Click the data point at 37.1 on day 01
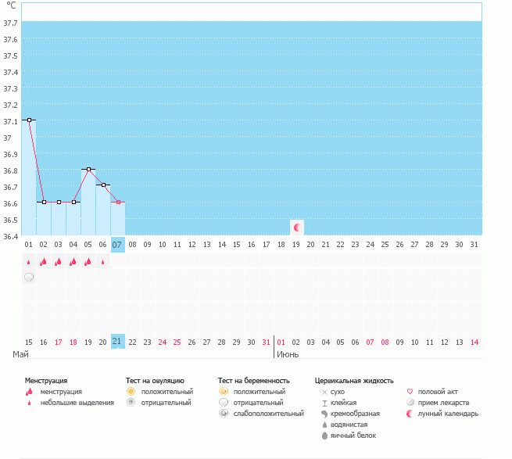[x=30, y=120]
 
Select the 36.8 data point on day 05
[x=88, y=169]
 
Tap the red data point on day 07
[x=118, y=203]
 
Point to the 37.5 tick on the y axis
[x=10, y=56]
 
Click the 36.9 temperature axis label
[x=10, y=155]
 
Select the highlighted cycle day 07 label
[x=117, y=245]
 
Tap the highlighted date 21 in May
[x=117, y=342]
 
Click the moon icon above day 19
[x=297, y=228]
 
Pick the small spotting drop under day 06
[x=103, y=262]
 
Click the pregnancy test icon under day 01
[x=29, y=278]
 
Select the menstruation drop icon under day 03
[x=58, y=262]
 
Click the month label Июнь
[x=288, y=354]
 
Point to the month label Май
[x=20, y=354]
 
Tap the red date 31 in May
[x=266, y=342]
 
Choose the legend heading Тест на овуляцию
[x=155, y=381]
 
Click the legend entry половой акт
[x=438, y=392]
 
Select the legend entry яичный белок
[x=353, y=436]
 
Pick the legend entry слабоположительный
[x=268, y=414]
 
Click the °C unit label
[x=11, y=5]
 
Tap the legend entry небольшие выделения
[x=77, y=403]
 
